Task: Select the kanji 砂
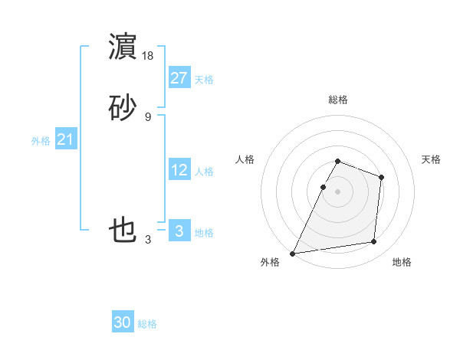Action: pos(123,108)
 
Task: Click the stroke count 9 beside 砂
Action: pos(148,116)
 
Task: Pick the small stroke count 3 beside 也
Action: pos(148,240)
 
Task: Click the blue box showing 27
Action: pos(179,78)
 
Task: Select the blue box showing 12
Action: pos(179,170)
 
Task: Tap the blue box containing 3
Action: pos(179,231)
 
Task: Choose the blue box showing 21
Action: pos(66,139)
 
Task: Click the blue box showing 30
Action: pos(123,322)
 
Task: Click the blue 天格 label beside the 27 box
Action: pos(204,80)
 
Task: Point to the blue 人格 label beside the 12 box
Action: pos(204,172)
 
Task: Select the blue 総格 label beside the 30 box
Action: pos(147,324)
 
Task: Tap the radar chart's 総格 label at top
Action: pos(338,100)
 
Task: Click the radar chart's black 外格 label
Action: pos(270,262)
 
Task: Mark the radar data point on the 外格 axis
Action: pos(293,254)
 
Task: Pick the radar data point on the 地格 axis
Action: pos(374,242)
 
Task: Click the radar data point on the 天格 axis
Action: pos(381,177)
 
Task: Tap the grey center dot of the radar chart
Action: pos(338,191)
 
